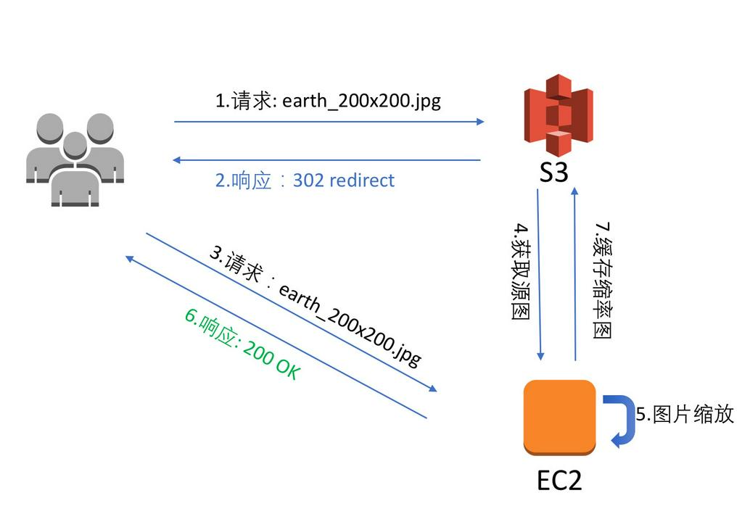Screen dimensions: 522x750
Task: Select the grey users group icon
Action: (75, 159)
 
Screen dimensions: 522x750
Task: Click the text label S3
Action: (553, 173)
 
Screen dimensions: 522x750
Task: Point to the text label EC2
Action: (559, 479)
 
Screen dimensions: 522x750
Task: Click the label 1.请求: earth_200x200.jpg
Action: (328, 101)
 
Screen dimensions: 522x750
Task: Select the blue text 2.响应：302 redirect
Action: (305, 180)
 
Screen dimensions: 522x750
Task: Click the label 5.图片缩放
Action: (685, 414)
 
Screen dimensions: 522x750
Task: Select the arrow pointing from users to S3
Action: (329, 122)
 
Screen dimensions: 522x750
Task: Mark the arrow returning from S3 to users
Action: (329, 159)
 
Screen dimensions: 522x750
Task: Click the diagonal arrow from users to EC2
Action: (292, 312)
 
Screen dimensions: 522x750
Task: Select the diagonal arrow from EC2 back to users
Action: (276, 337)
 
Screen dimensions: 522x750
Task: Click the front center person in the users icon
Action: (75, 174)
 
